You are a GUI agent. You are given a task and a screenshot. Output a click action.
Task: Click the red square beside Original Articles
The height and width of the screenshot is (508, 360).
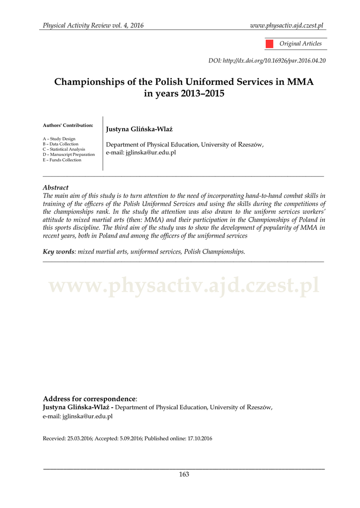pyautogui.click(x=269, y=44)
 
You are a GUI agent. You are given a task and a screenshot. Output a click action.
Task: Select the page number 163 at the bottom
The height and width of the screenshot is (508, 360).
pyautogui.click(x=184, y=474)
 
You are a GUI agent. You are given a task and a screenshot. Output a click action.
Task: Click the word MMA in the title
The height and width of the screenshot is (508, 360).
pyautogui.click(x=300, y=81)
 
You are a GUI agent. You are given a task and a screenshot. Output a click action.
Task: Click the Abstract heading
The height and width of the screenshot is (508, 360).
pyautogui.click(x=56, y=188)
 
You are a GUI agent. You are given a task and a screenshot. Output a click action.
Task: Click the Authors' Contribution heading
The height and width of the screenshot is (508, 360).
pyautogui.click(x=68, y=125)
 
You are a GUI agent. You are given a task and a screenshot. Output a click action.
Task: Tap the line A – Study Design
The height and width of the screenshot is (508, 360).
pyautogui.click(x=59, y=139)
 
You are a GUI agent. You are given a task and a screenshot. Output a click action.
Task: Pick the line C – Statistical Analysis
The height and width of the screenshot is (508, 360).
pyautogui.click(x=64, y=149)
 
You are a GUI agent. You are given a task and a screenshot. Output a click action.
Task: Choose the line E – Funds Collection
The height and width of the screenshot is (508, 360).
pyautogui.click(x=62, y=160)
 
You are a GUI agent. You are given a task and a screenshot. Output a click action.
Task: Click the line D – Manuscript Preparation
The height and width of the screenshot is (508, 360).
pyautogui.click(x=69, y=154)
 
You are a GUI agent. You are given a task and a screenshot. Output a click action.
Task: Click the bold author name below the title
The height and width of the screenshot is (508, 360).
pyautogui.click(x=139, y=129)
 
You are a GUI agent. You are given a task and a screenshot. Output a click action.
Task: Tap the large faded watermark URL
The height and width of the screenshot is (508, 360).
pyautogui.click(x=184, y=286)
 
